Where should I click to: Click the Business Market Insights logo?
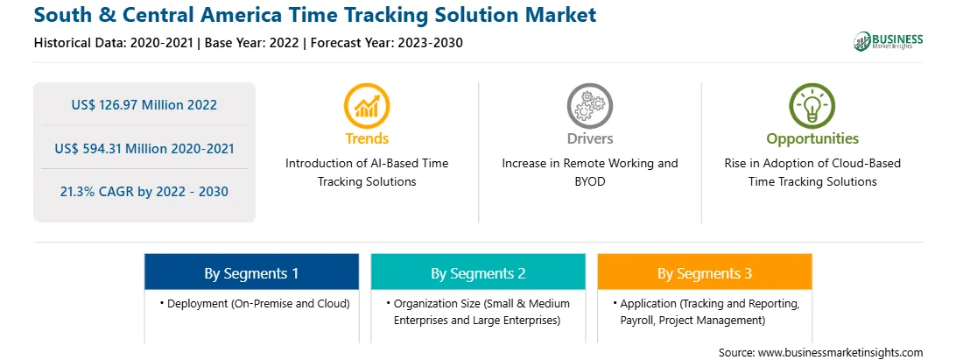click(888, 41)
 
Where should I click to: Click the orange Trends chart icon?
click(367, 105)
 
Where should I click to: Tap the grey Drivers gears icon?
click(589, 105)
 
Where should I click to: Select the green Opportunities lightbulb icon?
click(812, 105)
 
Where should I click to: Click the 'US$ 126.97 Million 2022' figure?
click(144, 104)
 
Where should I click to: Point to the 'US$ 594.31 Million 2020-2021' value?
click(144, 148)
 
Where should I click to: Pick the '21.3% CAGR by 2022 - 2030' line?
click(144, 192)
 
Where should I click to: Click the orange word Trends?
click(367, 138)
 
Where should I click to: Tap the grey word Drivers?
click(589, 138)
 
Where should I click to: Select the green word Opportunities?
click(812, 139)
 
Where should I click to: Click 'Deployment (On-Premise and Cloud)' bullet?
click(255, 304)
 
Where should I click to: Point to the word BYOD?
click(590, 181)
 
